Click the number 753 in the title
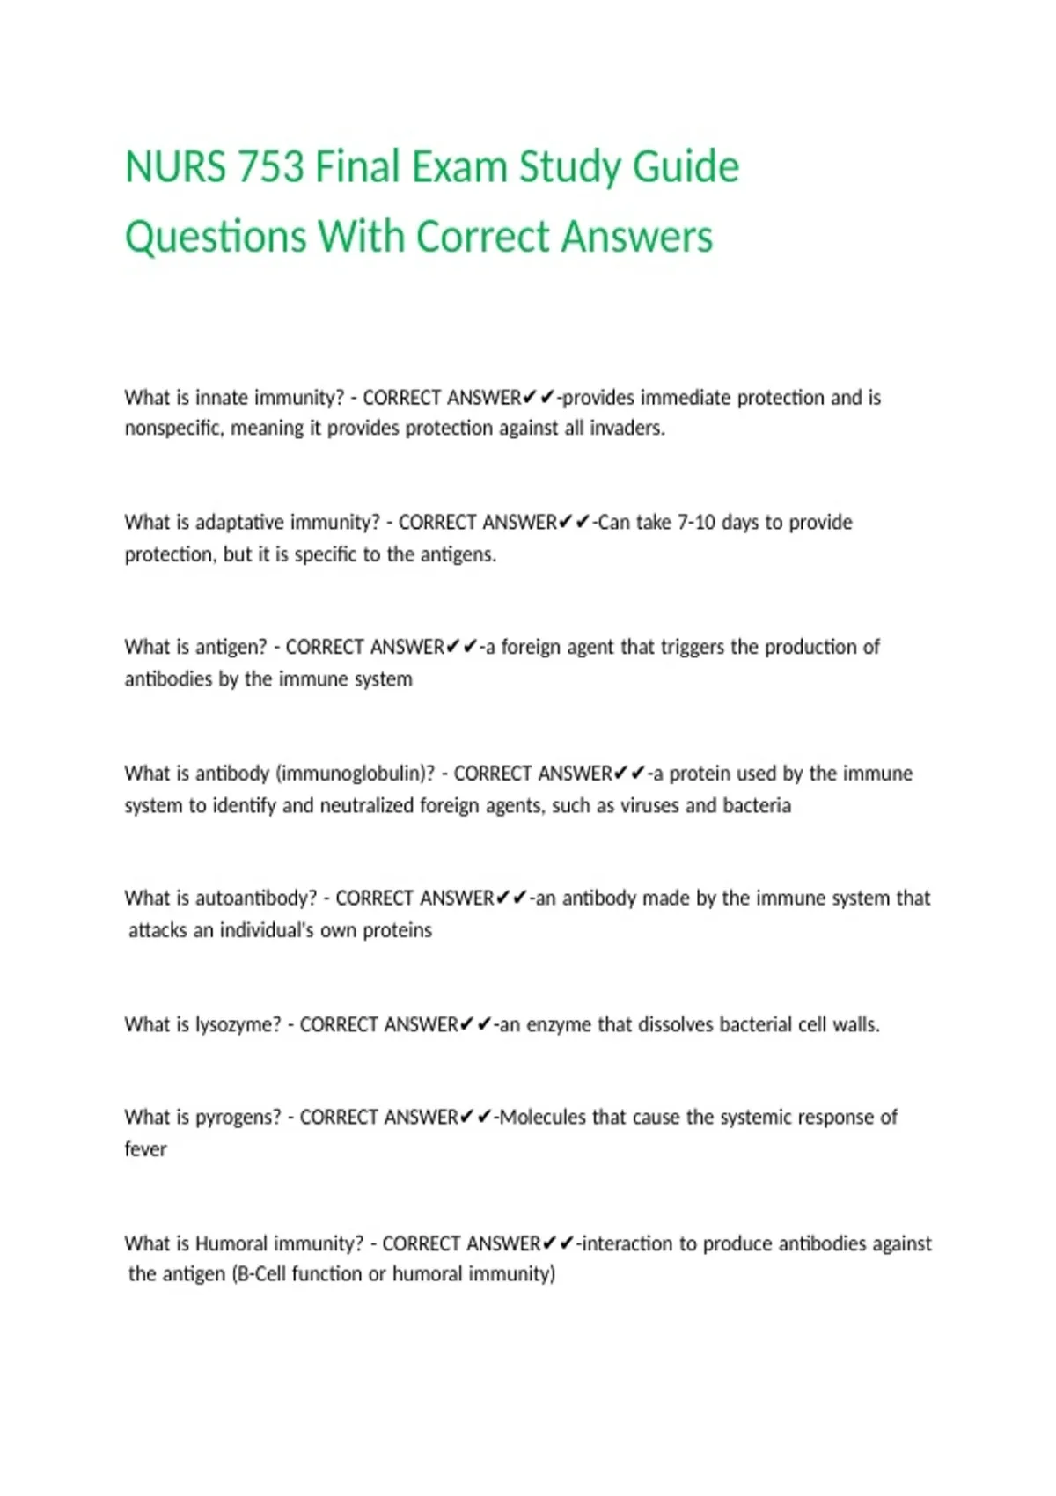pyautogui.click(x=270, y=167)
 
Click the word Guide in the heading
pyautogui.click(x=686, y=167)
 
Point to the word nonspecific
pyautogui.click(x=173, y=429)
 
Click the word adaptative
pyautogui.click(x=231, y=523)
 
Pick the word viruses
pyautogui.click(x=650, y=806)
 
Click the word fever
pyautogui.click(x=145, y=1149)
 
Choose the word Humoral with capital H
pyautogui.click(x=231, y=1243)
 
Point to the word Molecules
pyautogui.click(x=542, y=1118)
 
